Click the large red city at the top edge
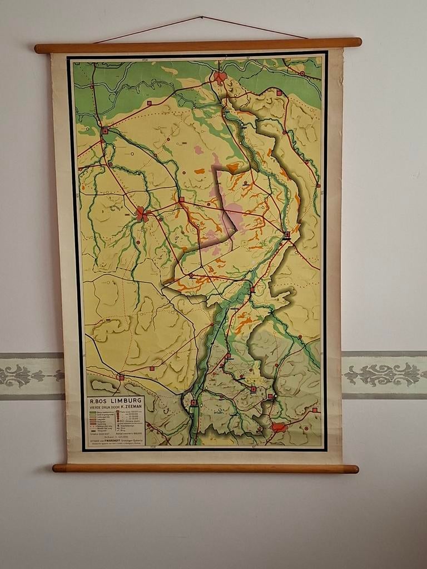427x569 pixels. [x=220, y=77]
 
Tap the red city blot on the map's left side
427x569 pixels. [x=142, y=213]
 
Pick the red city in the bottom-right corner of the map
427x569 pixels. [x=279, y=427]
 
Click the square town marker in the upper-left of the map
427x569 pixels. [x=105, y=131]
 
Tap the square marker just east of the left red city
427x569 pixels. [x=181, y=199]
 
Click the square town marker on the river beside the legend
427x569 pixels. [x=193, y=403]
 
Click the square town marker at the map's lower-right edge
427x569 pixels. [x=314, y=410]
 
